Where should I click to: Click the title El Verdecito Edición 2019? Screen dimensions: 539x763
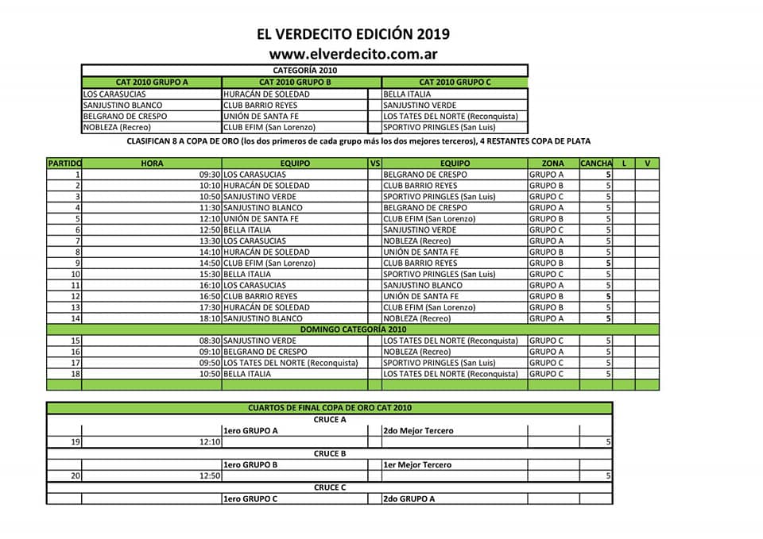point(353,34)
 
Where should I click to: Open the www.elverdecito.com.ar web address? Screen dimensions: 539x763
point(353,54)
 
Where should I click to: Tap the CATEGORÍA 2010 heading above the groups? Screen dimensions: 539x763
point(304,70)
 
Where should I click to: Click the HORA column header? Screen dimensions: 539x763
point(152,164)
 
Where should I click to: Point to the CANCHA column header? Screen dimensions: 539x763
point(595,164)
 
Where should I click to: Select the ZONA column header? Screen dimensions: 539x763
point(552,164)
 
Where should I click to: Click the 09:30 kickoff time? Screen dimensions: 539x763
point(210,175)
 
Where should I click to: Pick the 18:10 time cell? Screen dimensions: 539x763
point(210,318)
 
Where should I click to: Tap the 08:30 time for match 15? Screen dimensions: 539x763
point(210,341)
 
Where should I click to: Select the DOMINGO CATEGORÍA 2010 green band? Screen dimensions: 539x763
point(353,329)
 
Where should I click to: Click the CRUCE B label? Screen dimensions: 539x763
point(330,453)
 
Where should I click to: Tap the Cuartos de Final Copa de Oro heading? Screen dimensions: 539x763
point(330,408)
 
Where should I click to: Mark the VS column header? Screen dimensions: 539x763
point(375,164)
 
